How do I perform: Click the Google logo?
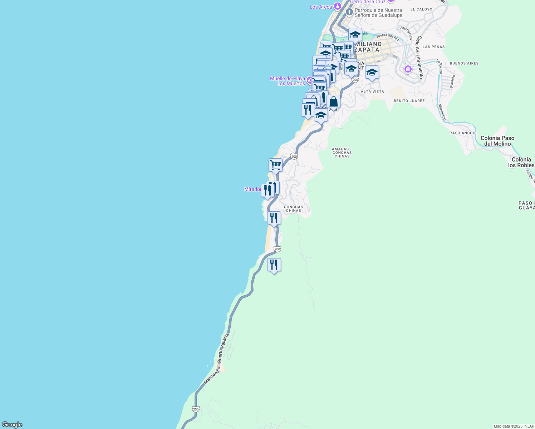(12, 425)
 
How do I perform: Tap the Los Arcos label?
(321, 7)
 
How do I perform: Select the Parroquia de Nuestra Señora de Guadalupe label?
(378, 13)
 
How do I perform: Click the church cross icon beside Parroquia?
(349, 12)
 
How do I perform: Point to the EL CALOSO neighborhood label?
(421, 9)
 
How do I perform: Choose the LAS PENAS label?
(433, 47)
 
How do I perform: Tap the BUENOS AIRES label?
(464, 63)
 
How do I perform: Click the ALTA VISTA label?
(372, 92)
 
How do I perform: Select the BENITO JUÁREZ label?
(409, 101)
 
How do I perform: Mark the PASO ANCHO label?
(462, 133)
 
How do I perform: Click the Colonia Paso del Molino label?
(497, 141)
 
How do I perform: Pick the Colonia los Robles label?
(521, 162)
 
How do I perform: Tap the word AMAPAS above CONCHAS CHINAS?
(342, 149)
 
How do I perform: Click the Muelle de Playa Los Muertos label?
(288, 81)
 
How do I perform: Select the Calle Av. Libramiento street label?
(419, 57)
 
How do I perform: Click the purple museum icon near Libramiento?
(408, 69)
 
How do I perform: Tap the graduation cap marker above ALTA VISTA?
(372, 73)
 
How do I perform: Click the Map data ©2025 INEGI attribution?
(514, 426)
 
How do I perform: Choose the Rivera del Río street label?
(388, 37)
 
